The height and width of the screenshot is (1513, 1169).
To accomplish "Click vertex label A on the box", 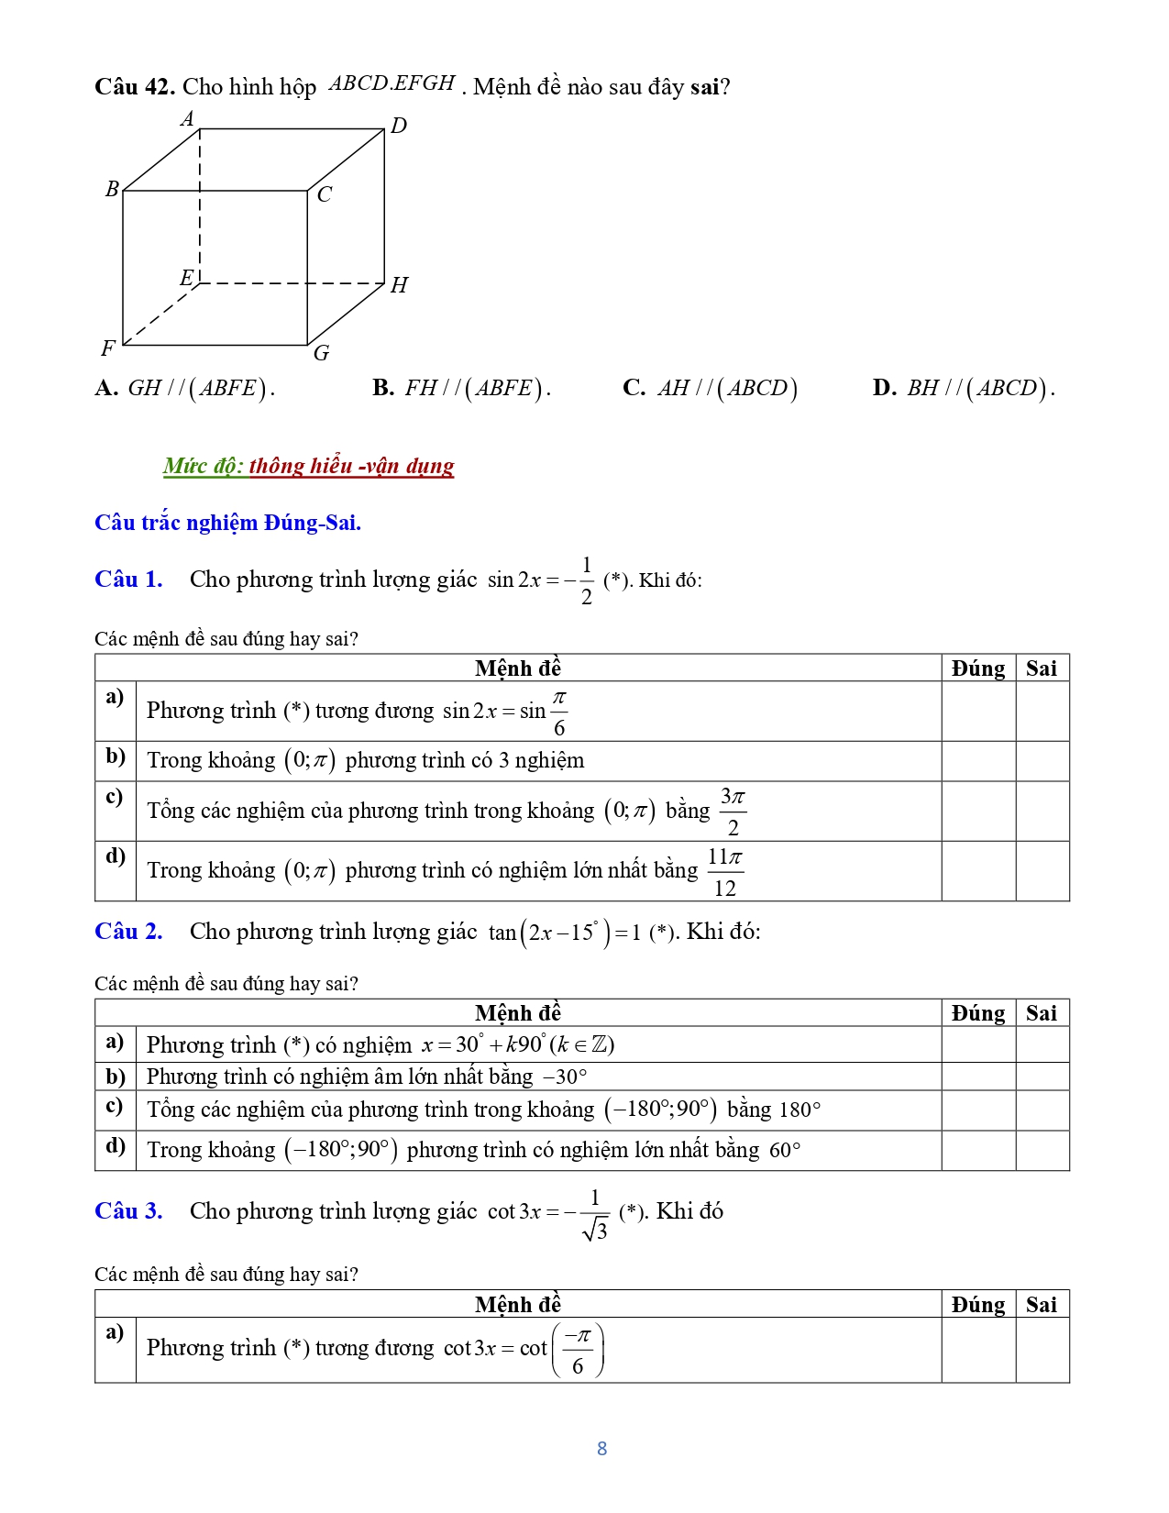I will point(188,119).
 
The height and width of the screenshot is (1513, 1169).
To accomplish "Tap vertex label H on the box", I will point(399,285).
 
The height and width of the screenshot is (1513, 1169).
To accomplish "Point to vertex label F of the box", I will point(108,348).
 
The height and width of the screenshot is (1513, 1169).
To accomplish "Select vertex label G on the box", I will point(321,353).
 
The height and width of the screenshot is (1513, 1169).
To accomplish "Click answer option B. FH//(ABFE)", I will point(461,388).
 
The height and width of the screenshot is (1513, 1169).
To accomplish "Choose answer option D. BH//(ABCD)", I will point(963,388).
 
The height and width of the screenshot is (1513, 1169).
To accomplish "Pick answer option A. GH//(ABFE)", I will point(184,388).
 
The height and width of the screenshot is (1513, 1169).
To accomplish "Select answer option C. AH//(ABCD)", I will point(710,388).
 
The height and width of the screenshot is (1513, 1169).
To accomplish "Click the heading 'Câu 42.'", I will point(135,87).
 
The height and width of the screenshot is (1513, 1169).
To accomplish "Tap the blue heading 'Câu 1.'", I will point(128,580).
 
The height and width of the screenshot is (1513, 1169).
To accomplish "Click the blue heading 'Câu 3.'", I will point(128,1211).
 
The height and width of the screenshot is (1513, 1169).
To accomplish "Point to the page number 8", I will point(601,1449).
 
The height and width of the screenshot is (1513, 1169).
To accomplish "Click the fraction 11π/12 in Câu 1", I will point(725,872).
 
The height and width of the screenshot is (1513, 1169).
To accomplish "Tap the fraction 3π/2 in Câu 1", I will point(733,812).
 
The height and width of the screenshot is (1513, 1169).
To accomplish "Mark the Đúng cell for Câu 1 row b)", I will point(978,761).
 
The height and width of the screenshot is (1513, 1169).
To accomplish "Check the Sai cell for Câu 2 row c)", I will point(1042,1110).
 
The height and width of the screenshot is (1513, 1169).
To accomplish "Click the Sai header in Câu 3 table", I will point(1042,1305).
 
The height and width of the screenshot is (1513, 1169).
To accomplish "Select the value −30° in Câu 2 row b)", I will point(565,1077).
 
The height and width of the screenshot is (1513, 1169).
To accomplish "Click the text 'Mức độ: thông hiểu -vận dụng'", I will point(308,466).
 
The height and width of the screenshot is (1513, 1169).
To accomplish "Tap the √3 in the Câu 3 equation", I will point(595,1230).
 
